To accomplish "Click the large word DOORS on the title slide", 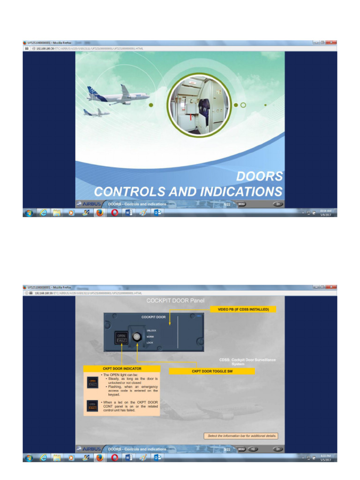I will [x=259, y=176].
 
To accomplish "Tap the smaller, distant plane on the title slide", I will [x=96, y=112].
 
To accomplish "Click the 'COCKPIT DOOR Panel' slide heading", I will [x=175, y=300].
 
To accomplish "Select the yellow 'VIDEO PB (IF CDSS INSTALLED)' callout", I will [x=247, y=309].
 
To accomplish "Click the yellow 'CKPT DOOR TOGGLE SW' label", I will [x=211, y=371].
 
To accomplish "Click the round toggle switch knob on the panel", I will [x=137, y=337].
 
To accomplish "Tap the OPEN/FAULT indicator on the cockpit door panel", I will [x=121, y=337].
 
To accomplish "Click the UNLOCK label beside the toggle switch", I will [x=151, y=330].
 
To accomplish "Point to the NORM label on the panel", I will [x=150, y=337].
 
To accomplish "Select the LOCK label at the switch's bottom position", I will [x=150, y=343].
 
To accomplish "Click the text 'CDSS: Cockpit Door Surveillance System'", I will [x=247, y=361].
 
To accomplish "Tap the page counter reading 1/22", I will [x=227, y=204].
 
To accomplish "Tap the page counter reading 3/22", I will [x=227, y=449].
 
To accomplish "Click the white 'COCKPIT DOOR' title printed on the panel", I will [x=153, y=317].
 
